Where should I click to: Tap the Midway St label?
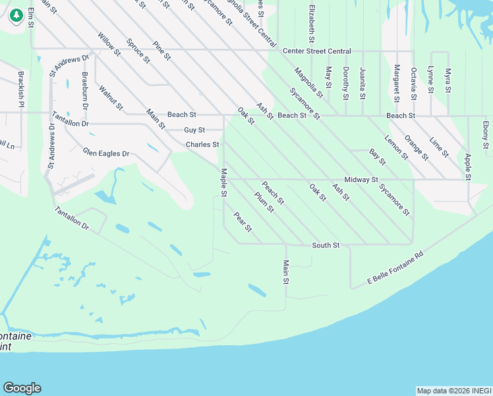point(361,180)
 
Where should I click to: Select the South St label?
point(326,245)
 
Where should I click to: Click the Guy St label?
point(194,130)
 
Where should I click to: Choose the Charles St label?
point(202,144)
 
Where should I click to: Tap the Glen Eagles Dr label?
point(106,153)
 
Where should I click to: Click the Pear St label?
point(243,222)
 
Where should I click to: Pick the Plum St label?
point(264,201)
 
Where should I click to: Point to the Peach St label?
point(273,192)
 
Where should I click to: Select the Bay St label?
point(378,157)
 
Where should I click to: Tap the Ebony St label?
point(485,134)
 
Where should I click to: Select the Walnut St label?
point(111,97)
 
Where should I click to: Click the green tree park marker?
point(16,15)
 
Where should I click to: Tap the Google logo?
point(22,388)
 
